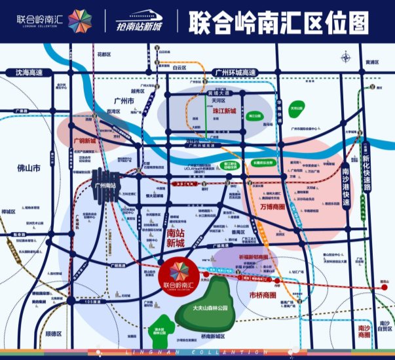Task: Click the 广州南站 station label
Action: coord(104,186)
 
